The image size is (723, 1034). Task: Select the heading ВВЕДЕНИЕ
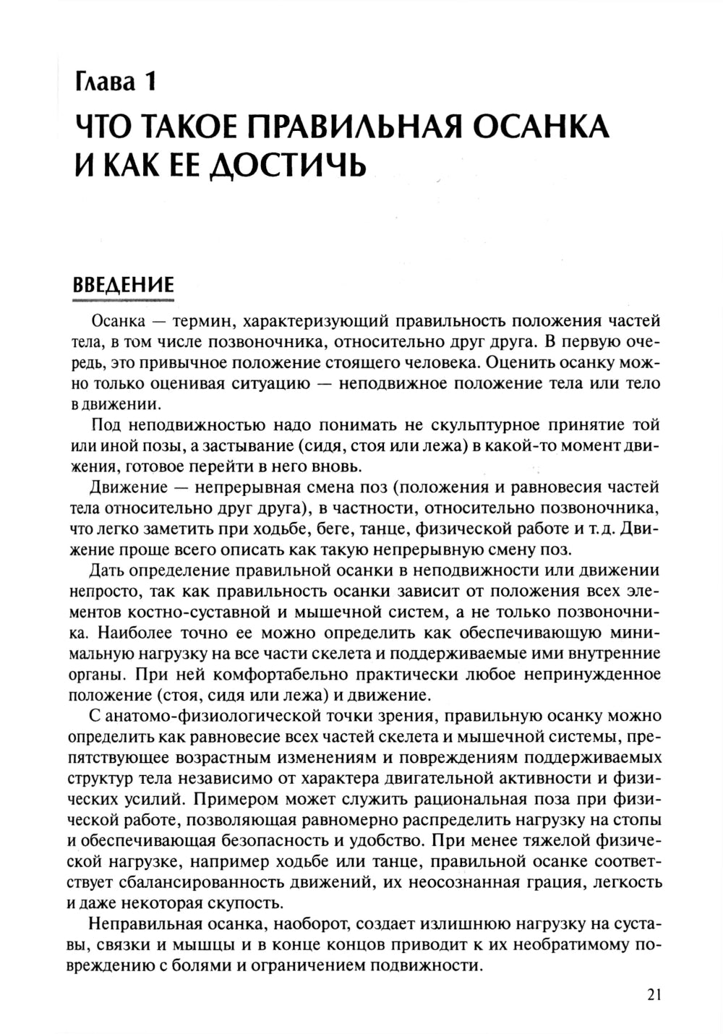124,283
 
